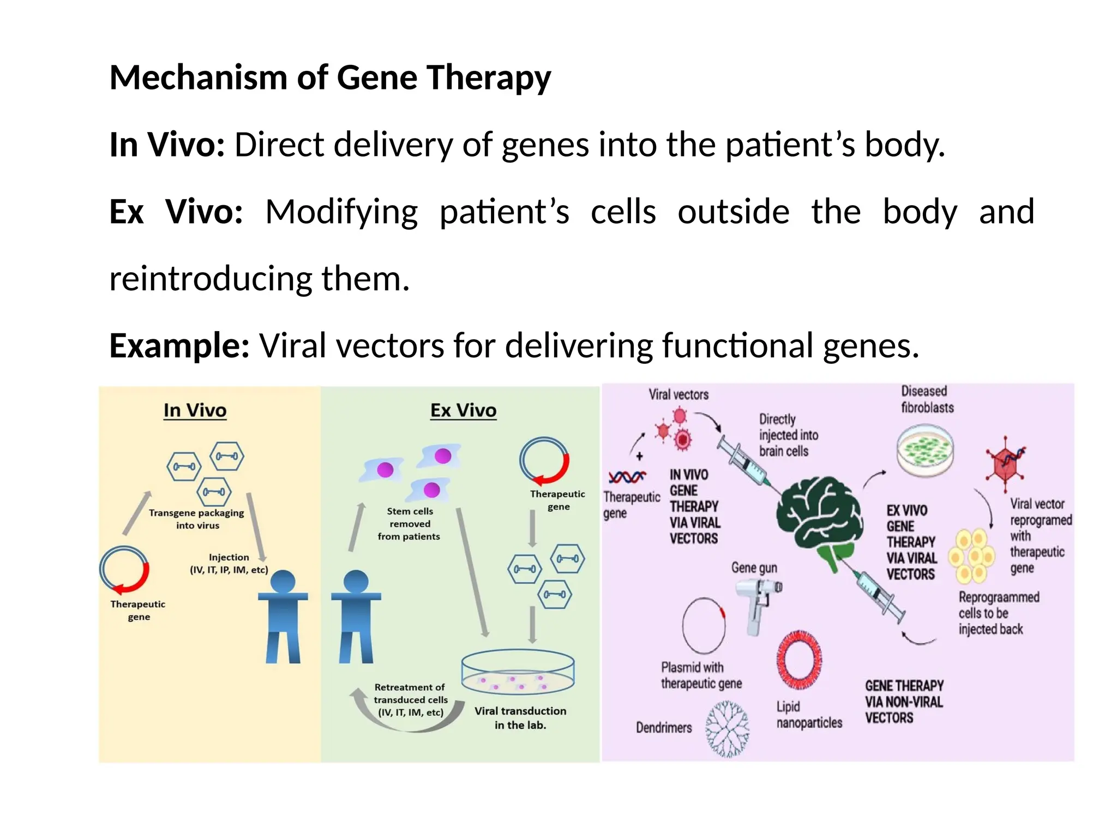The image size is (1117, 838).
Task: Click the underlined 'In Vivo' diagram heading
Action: pos(195,410)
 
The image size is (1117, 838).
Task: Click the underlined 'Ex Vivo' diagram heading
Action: pos(463,410)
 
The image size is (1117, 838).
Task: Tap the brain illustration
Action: pos(818,518)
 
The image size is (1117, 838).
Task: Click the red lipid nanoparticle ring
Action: pos(799,660)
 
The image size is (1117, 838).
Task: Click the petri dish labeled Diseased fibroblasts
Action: pos(925,451)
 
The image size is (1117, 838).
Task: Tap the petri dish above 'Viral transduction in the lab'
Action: pos(518,672)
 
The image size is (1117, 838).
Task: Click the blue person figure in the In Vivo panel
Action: pos(283,616)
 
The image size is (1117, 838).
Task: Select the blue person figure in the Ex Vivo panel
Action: pos(356,616)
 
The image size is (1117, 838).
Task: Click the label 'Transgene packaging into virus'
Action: pos(196,519)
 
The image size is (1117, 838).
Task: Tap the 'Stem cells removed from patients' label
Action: pos(409,524)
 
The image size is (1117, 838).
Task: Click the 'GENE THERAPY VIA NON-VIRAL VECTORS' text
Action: pos(904,702)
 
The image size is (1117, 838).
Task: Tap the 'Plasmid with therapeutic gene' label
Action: pos(701,675)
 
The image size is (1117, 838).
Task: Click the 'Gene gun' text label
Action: pos(754,568)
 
